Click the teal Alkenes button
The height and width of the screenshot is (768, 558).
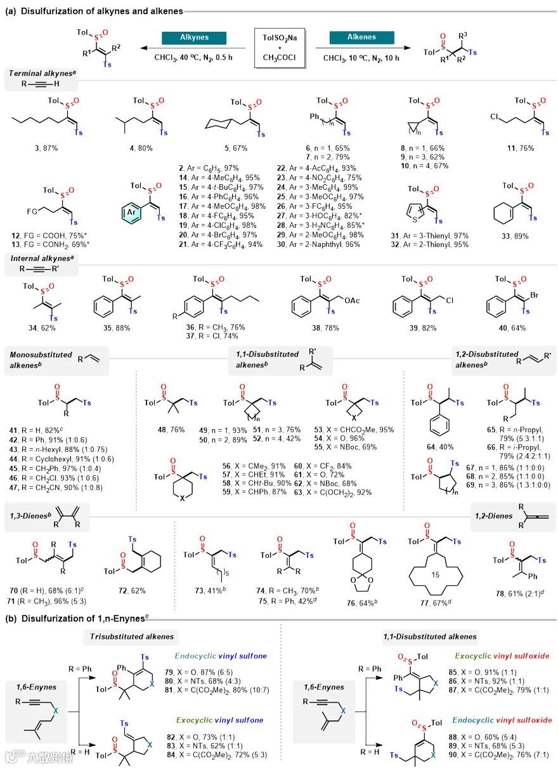(361, 38)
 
